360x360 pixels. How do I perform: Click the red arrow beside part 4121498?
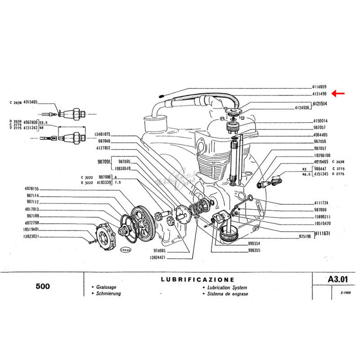coord(338,94)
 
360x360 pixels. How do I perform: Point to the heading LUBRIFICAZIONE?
coord(198,279)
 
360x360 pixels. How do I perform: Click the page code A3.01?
coord(339,279)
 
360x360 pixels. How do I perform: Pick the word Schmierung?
coord(107,293)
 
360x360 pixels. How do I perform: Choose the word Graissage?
coord(104,287)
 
